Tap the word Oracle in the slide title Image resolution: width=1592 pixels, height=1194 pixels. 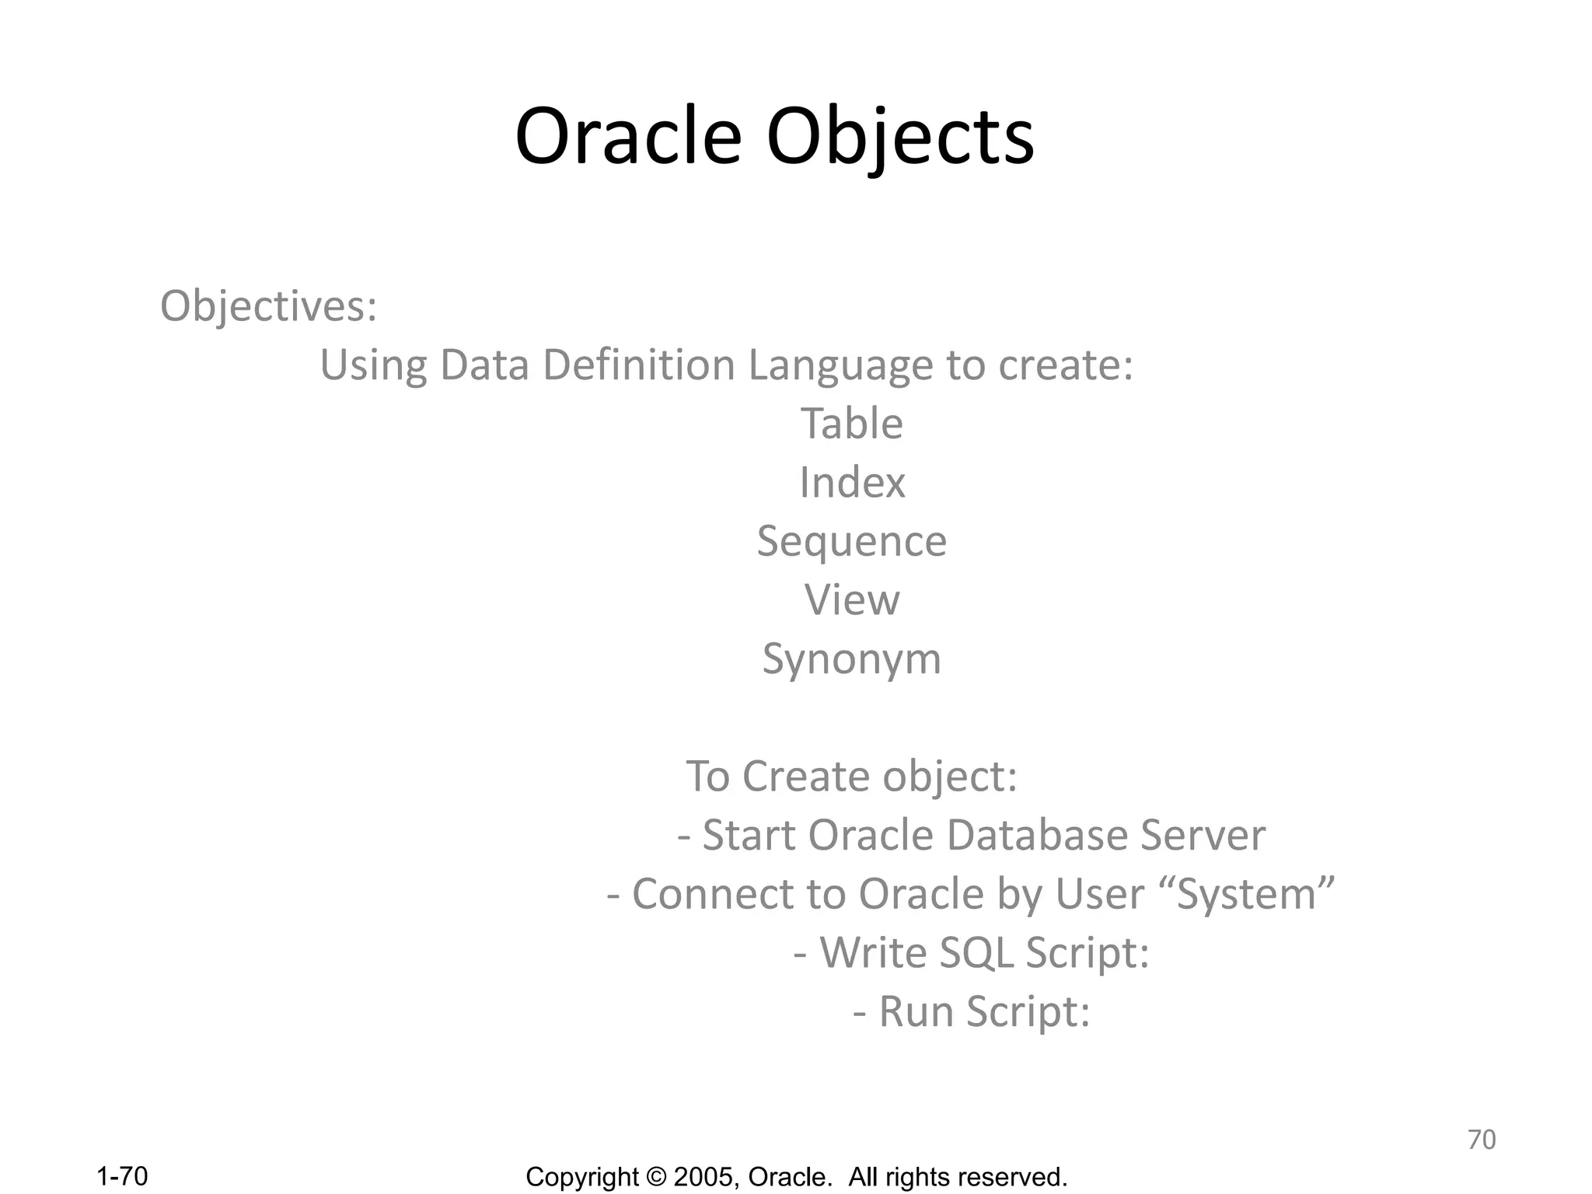pos(628,138)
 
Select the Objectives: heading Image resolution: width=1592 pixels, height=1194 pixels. pos(268,305)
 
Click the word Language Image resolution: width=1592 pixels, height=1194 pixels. pos(840,366)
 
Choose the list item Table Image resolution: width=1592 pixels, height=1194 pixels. pos(852,424)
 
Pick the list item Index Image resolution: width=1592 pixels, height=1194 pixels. pos(852,483)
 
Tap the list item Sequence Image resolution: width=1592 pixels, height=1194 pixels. pos(852,542)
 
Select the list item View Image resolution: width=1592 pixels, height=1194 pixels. pos(852,600)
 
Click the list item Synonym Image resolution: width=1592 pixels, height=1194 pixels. pos(852,660)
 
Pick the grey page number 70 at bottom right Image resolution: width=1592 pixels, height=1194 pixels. pos(1481,1140)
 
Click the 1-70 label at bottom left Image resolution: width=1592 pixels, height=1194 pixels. pos(122,1176)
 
